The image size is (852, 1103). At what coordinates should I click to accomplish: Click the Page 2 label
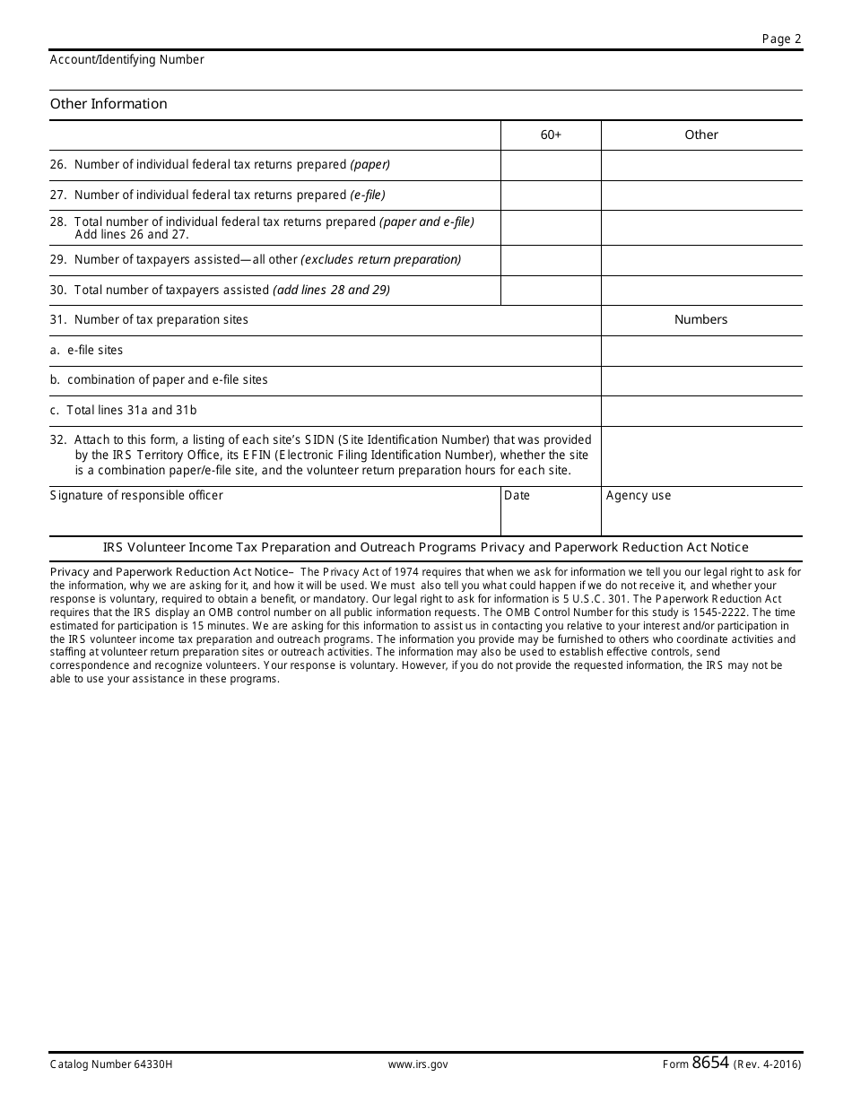pyautogui.click(x=781, y=39)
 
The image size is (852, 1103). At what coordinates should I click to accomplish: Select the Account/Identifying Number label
pyautogui.click(x=127, y=60)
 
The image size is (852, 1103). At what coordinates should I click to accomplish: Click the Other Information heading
pyautogui.click(x=109, y=104)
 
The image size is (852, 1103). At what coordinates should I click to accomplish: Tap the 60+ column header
pyautogui.click(x=551, y=135)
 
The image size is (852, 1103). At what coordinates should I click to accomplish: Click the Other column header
pyautogui.click(x=701, y=135)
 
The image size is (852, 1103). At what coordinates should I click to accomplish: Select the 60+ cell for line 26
pyautogui.click(x=551, y=166)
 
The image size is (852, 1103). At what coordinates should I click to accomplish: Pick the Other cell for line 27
pyautogui.click(x=701, y=195)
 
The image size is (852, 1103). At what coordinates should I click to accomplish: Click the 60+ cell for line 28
pyautogui.click(x=551, y=228)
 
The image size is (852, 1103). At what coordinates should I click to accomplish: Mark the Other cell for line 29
pyautogui.click(x=701, y=260)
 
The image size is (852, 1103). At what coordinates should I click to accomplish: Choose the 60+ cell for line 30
pyautogui.click(x=551, y=291)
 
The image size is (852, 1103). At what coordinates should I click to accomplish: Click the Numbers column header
pyautogui.click(x=701, y=320)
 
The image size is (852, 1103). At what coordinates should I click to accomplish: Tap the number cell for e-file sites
pyautogui.click(x=701, y=351)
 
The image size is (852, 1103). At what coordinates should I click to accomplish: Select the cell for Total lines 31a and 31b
pyautogui.click(x=701, y=411)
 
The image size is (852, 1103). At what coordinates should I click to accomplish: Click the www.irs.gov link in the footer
pyautogui.click(x=418, y=1065)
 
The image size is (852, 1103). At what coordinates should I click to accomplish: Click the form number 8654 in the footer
pyautogui.click(x=710, y=1064)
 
